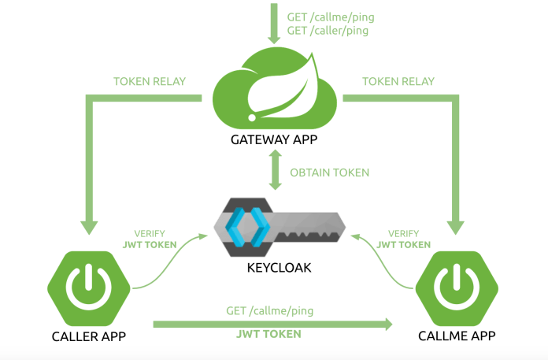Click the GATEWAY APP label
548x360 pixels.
click(x=275, y=142)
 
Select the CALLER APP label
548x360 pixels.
click(x=85, y=336)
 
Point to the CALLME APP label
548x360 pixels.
click(x=457, y=336)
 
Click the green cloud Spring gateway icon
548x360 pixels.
click(x=275, y=90)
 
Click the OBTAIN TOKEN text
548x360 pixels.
click(x=329, y=173)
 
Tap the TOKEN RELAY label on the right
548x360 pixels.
click(x=398, y=81)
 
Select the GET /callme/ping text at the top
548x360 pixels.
click(x=327, y=17)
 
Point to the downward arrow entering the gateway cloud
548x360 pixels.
click(x=274, y=23)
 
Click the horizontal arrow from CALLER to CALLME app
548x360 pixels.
click(x=272, y=323)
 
